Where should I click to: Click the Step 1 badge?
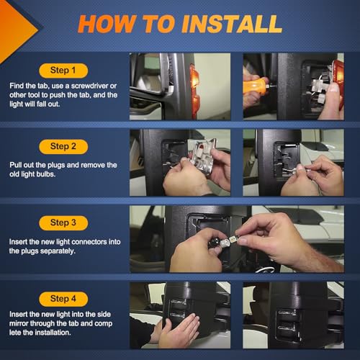pos(63,71)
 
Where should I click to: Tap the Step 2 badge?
pos(63,146)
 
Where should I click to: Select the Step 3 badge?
pos(63,222)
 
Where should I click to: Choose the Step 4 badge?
pos(63,299)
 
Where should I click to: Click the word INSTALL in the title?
pos(231,24)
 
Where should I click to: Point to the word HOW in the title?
pos(107,24)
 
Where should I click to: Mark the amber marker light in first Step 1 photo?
pos(194,91)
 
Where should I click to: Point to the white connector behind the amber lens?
pos(319,88)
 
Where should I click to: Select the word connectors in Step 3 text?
pos(89,242)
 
